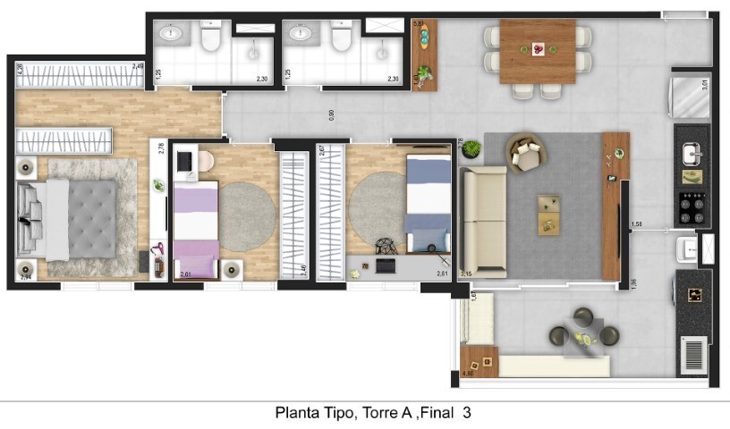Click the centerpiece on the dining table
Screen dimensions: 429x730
point(538,48)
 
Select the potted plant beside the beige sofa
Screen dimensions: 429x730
point(471,148)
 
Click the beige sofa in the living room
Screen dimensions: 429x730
point(483,221)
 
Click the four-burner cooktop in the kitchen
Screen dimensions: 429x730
point(692,208)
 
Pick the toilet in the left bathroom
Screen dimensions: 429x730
point(211,38)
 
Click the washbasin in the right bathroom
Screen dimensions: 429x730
point(301,35)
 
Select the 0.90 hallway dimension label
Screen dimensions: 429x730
point(331,114)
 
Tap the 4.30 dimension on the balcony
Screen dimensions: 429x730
point(466,373)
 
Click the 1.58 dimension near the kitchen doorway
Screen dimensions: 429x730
point(636,224)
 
